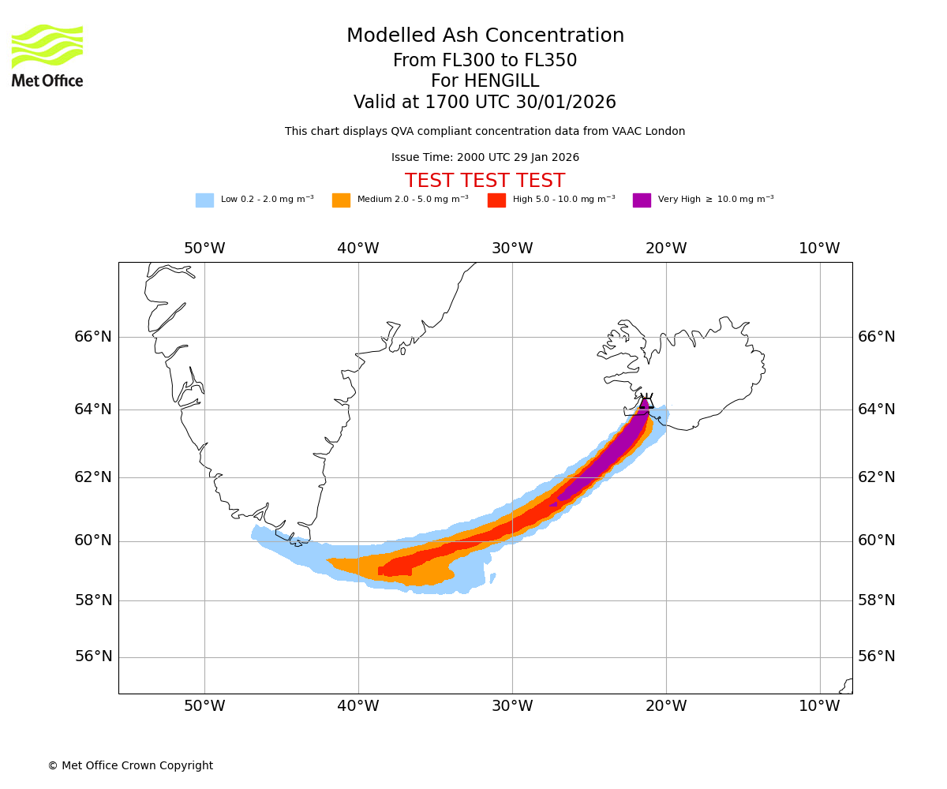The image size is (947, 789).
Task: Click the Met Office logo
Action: tap(47, 55)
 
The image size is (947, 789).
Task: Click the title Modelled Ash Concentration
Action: tap(485, 36)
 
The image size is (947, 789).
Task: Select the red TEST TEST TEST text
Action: tap(485, 181)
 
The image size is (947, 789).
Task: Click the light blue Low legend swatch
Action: tap(204, 200)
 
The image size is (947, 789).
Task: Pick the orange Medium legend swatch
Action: tap(341, 200)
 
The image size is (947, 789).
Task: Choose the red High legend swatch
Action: tap(496, 200)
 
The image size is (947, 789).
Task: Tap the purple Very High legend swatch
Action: tap(642, 200)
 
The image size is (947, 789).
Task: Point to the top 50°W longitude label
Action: tap(204, 249)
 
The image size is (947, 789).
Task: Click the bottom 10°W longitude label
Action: tap(819, 706)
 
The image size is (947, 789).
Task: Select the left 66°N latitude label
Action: tap(93, 337)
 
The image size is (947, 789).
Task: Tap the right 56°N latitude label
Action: tap(877, 656)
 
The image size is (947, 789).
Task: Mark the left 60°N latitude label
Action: tap(93, 540)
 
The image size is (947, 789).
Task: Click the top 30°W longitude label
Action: tap(512, 249)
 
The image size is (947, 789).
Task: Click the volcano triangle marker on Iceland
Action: tap(646, 402)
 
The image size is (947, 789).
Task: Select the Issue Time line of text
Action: tap(485, 158)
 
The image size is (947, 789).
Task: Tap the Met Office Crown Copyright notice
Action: tap(130, 766)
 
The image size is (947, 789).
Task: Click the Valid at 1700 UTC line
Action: tap(485, 103)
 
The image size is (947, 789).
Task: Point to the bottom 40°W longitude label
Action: tap(358, 706)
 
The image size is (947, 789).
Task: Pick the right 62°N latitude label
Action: tap(877, 477)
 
